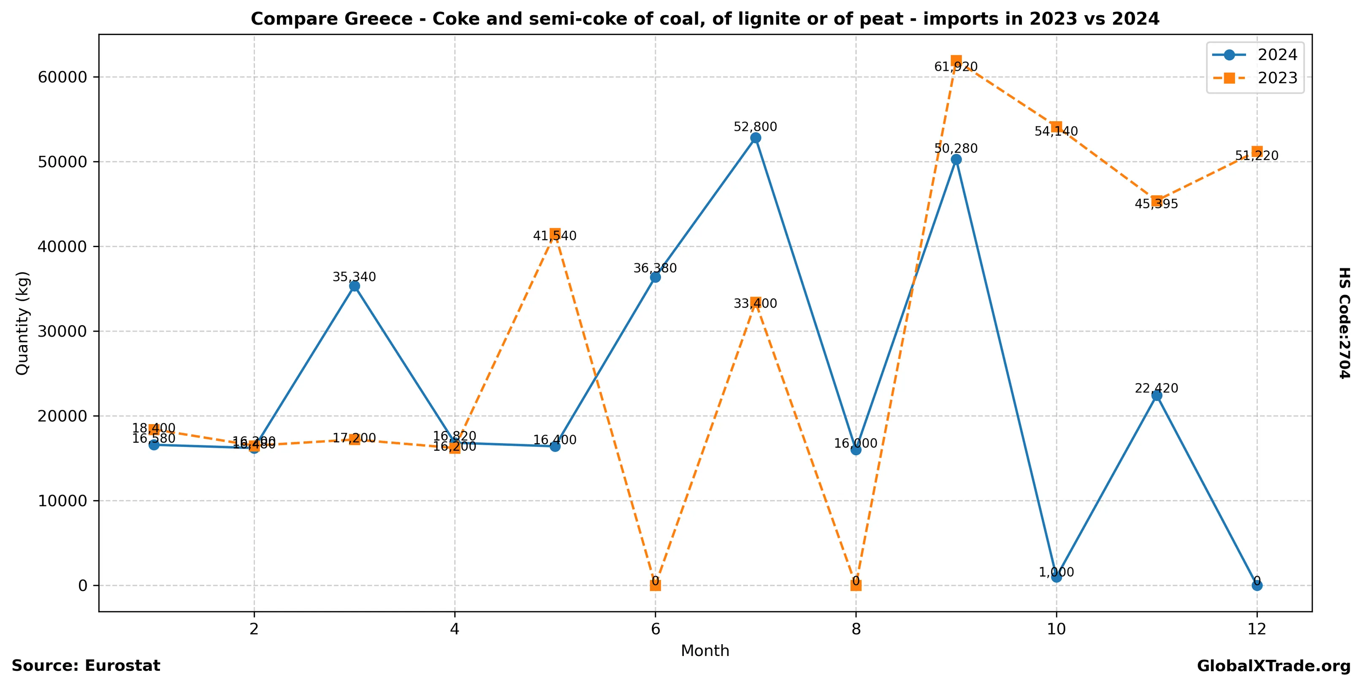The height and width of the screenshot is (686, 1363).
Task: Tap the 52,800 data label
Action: point(755,127)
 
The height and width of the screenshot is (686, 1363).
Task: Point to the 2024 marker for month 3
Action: point(355,286)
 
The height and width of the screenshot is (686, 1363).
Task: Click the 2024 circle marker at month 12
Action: point(1257,585)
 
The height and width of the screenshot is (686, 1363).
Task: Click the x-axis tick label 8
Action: point(856,629)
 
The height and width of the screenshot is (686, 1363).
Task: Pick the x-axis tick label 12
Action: point(1257,629)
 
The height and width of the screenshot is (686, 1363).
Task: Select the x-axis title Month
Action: point(705,651)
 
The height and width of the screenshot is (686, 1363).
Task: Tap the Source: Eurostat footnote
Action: point(86,666)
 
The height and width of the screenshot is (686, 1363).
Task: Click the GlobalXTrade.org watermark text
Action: point(1274,667)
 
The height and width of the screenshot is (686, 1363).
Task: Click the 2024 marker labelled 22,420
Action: point(1157,395)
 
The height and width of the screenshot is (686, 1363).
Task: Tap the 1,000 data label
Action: point(1056,572)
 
